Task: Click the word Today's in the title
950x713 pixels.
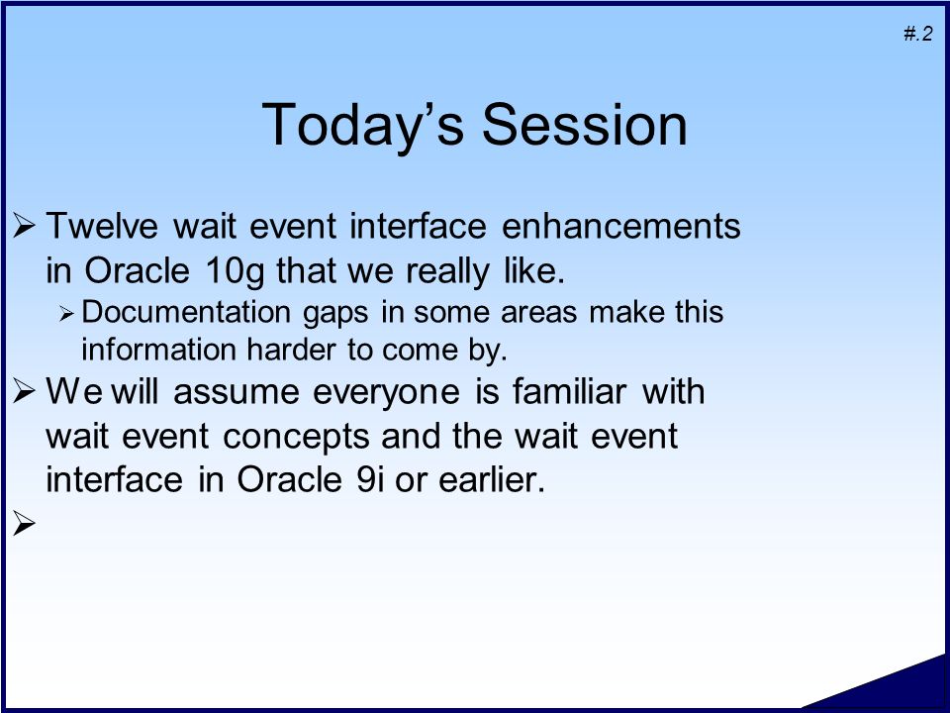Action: [x=362, y=125]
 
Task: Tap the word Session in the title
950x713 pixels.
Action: [x=585, y=125]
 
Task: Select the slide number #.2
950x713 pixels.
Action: [x=918, y=34]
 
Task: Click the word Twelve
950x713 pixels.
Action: [x=102, y=226]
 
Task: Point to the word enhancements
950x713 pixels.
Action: [x=621, y=226]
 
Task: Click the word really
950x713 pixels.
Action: [x=447, y=271]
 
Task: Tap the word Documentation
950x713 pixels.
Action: [x=186, y=312]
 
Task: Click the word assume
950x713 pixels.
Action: [x=237, y=392]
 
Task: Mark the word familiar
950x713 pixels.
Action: [x=569, y=391]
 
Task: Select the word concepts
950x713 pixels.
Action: [x=296, y=438]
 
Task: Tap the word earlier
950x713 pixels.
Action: [x=492, y=479]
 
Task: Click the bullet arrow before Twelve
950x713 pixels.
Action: [x=24, y=226]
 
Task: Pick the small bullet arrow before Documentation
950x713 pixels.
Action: [x=66, y=314]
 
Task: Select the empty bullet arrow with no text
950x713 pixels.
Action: [x=24, y=523]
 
